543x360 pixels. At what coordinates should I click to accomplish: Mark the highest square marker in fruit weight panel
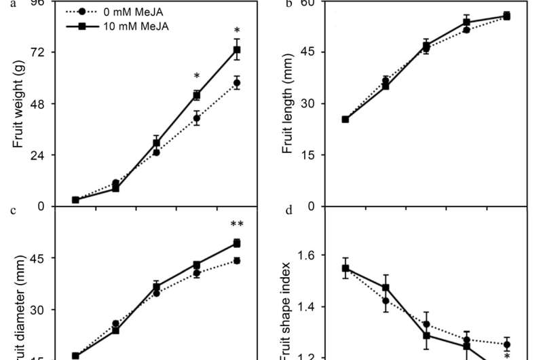click(237, 50)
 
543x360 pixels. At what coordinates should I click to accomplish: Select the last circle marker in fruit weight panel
click(237, 83)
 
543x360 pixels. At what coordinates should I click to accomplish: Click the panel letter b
click(288, 4)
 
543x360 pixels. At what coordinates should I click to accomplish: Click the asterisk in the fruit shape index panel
click(506, 355)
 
